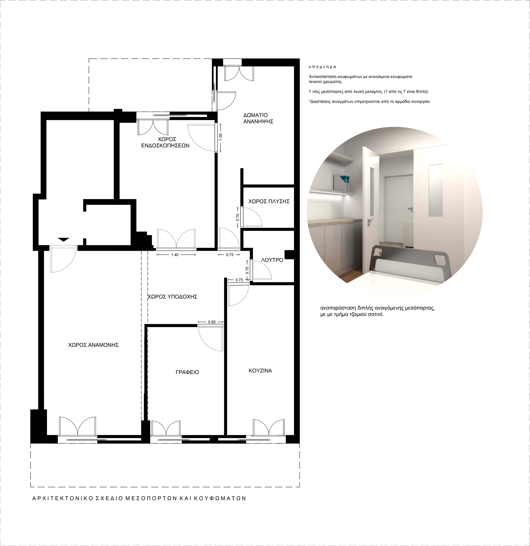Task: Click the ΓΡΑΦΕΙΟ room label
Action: pos(187,372)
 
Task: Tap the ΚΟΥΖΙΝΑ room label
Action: pos(260,371)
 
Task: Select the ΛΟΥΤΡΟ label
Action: pos(272,260)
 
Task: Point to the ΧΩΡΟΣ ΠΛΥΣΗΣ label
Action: pos(269,201)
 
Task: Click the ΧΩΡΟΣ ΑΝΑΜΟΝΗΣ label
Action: pos(93,345)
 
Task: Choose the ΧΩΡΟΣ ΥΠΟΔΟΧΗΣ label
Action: pos(172,297)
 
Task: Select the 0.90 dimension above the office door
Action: pos(212,322)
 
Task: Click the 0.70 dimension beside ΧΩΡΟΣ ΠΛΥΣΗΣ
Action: pos(237,217)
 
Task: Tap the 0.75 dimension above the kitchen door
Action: pos(239,280)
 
